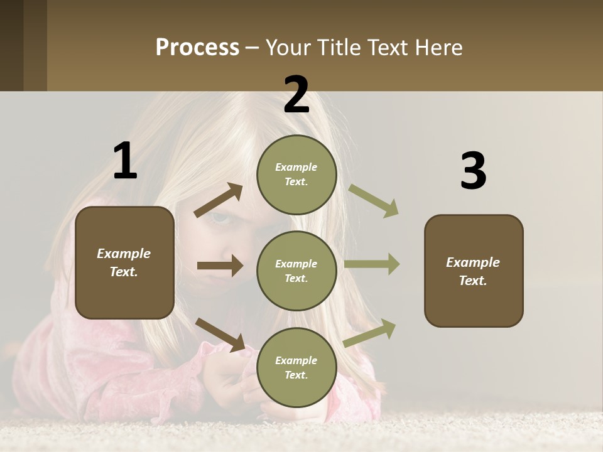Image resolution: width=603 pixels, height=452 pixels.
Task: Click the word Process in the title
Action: [197, 48]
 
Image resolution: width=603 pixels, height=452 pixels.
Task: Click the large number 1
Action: [125, 161]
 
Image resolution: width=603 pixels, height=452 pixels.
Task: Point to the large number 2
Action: [296, 95]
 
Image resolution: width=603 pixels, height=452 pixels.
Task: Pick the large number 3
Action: [473, 171]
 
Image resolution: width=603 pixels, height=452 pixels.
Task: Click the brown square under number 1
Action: [124, 262]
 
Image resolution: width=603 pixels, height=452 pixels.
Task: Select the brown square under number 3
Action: [474, 271]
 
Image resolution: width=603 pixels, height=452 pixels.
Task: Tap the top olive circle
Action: [296, 174]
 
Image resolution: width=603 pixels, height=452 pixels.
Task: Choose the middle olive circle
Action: [296, 271]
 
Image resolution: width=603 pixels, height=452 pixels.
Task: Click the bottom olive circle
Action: [296, 367]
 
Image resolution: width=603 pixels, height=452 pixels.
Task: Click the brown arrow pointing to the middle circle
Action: [220, 266]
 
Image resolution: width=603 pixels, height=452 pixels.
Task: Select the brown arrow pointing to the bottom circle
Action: [220, 334]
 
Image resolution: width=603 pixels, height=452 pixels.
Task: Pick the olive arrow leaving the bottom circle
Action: [370, 332]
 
